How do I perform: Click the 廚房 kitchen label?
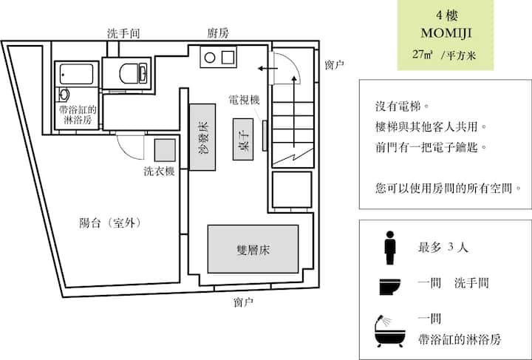pos(218,33)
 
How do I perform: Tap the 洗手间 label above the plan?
pos(123,33)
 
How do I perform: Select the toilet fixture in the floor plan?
pos(133,73)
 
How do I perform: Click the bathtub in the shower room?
pos(76,75)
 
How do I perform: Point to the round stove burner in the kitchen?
pos(210,58)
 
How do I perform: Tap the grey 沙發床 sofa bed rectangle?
pos(202,137)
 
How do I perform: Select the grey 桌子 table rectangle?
pos(243,139)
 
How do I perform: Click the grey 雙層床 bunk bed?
pos(253,249)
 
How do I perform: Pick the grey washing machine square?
pos(165,150)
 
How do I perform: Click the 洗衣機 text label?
pos(159,171)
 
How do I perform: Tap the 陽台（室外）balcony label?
pos(110,223)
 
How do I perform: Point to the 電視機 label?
pos(245,100)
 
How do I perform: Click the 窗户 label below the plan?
pos(243,302)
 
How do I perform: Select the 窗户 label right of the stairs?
pos(335,64)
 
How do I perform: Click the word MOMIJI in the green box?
pos(446,33)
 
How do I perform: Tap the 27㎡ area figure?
pos(423,54)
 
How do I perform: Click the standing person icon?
pos(390,248)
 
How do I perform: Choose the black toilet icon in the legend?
pos(390,287)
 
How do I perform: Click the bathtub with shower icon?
pos(390,331)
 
